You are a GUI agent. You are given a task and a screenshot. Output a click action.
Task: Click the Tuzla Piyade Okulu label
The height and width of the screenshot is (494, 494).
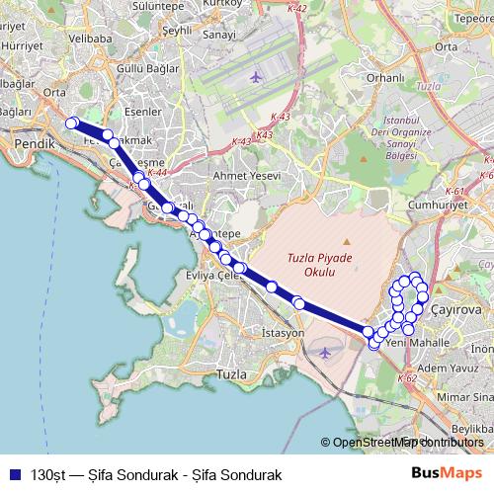click(x=311, y=265)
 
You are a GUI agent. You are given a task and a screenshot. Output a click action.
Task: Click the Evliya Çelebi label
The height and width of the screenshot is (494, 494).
click(x=214, y=277)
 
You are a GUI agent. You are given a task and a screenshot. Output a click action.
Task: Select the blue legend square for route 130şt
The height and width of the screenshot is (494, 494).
click(x=13, y=474)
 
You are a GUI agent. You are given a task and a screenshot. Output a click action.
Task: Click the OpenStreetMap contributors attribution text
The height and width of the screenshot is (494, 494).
click(x=408, y=443)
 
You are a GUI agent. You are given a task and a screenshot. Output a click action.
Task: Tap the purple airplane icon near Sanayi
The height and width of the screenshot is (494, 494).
click(x=257, y=76)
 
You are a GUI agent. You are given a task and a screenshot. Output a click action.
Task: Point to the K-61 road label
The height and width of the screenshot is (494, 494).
click(x=454, y=191)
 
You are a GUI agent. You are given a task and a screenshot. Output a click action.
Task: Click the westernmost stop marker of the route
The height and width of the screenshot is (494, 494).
click(x=71, y=123)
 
